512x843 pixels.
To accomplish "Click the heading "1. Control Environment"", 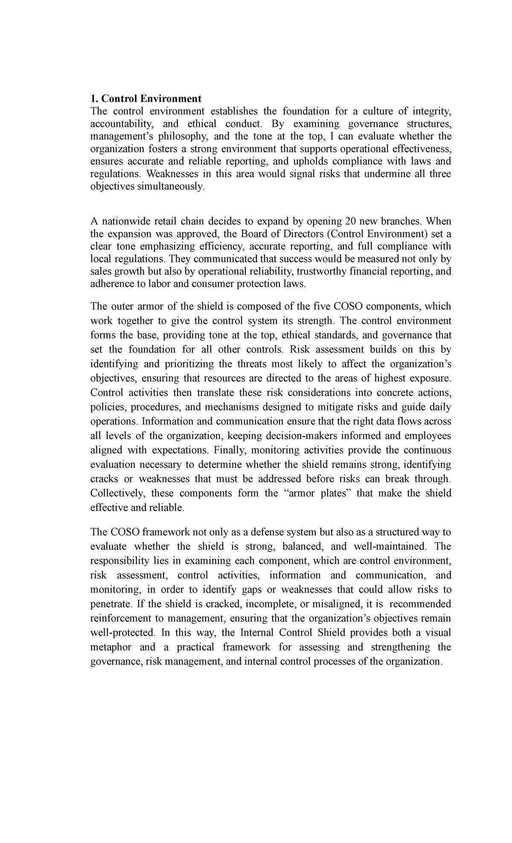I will (146, 99).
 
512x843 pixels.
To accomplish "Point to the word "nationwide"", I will (122, 221).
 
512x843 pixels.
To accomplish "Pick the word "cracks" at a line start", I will (104, 479).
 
